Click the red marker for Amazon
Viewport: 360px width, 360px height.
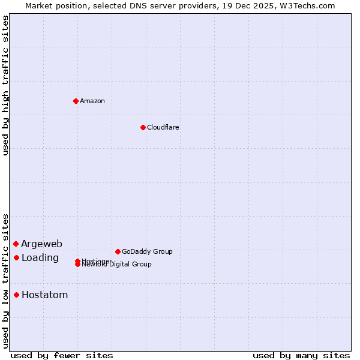[x=76, y=101]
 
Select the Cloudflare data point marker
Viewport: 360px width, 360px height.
[x=143, y=127]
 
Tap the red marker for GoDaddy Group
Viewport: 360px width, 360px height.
[x=118, y=251]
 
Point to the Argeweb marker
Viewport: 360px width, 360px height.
[x=16, y=244]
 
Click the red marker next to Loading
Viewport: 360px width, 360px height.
[x=16, y=257]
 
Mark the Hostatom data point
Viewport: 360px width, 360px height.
[x=16, y=295]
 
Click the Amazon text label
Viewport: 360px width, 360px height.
[x=92, y=101]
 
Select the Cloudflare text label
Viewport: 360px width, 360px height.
[x=163, y=127]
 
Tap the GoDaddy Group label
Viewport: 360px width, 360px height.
[x=147, y=251]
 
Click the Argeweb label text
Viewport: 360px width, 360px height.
[x=41, y=244]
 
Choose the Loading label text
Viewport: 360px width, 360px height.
[x=40, y=258]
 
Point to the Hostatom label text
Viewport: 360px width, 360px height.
[x=44, y=295]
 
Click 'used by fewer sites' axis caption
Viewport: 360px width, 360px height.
[x=62, y=355]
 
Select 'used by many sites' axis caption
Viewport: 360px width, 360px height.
[x=301, y=355]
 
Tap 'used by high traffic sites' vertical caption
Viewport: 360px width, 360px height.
[x=6, y=86]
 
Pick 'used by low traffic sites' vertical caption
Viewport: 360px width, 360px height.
[x=6, y=280]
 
